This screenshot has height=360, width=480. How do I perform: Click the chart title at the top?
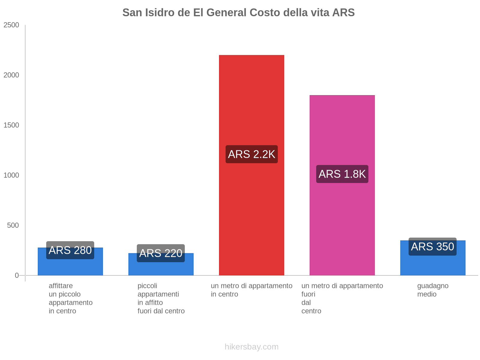pyautogui.click(x=238, y=13)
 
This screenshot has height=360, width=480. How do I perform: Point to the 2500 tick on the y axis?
pyautogui.click(x=11, y=25)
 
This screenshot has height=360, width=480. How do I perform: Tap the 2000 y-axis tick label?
pyautogui.click(x=11, y=75)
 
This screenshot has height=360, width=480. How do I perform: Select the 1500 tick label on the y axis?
pyautogui.click(x=11, y=125)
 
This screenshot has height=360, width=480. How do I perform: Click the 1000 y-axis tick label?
pyautogui.click(x=11, y=175)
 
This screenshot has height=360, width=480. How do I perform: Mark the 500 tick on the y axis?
pyautogui.click(x=13, y=226)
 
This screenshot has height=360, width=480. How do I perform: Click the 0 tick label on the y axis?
pyautogui.click(x=17, y=275)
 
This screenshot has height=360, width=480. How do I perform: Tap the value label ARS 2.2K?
pyautogui.click(x=251, y=154)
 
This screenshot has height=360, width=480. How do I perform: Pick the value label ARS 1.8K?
pyautogui.click(x=342, y=174)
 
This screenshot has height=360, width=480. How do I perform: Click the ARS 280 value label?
pyautogui.click(x=70, y=250)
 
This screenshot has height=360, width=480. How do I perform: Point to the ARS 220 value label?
pyautogui.click(x=161, y=253)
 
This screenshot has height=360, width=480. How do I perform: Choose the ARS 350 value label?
pyautogui.click(x=432, y=247)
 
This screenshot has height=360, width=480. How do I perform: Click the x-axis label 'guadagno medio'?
pyautogui.click(x=433, y=290)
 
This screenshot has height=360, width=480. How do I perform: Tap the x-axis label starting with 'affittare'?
pyautogui.click(x=70, y=298)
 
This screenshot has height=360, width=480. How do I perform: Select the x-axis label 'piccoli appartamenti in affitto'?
pyautogui.click(x=161, y=298)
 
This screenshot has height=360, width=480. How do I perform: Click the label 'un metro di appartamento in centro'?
pyautogui.click(x=251, y=290)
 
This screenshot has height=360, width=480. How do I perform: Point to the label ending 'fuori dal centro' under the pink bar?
pyautogui.click(x=342, y=298)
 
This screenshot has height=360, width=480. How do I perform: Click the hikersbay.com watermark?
pyautogui.click(x=251, y=347)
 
